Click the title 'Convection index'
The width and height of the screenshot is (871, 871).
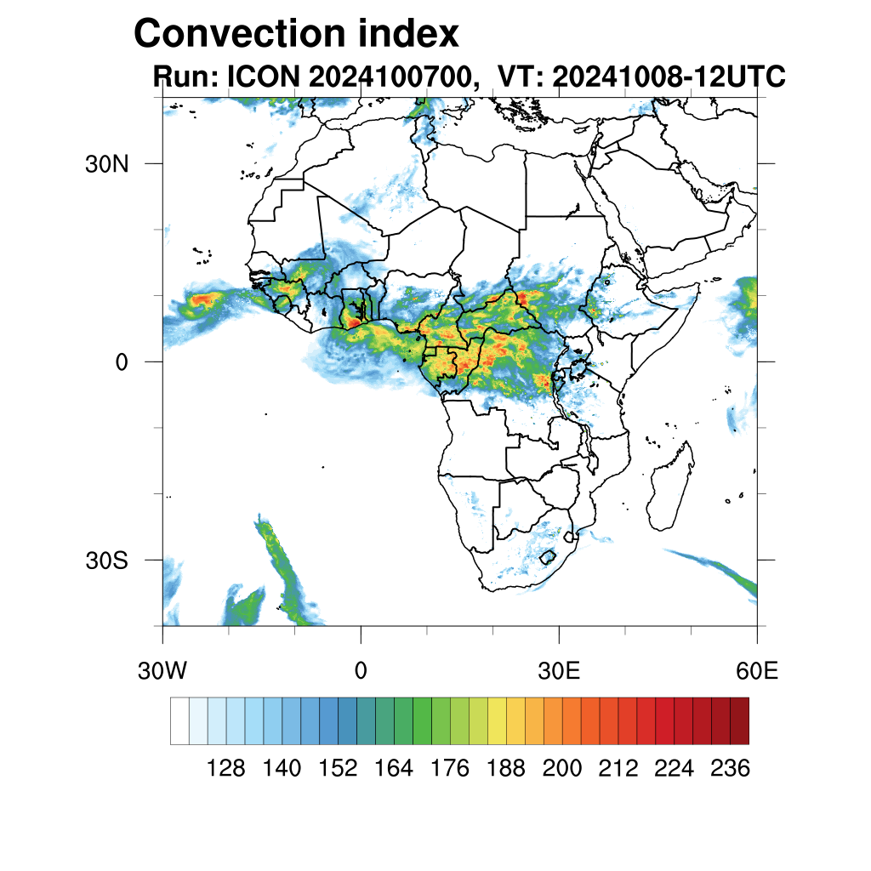(297, 34)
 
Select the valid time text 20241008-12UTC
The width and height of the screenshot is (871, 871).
(669, 77)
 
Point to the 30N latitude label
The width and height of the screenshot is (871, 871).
(105, 164)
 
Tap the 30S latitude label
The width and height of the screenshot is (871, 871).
(106, 561)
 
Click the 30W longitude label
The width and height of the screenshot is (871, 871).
(162, 671)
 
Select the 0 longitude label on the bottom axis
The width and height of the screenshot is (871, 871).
(361, 671)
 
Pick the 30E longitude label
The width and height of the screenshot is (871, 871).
(559, 671)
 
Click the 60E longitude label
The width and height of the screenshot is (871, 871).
(757, 671)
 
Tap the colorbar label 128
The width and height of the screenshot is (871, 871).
(225, 769)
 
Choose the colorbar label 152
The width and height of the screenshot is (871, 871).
(338, 769)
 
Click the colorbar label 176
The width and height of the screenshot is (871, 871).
(450, 769)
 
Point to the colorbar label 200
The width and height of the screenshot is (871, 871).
(562, 769)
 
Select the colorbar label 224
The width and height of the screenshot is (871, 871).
(674, 769)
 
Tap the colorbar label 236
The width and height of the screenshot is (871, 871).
(730, 769)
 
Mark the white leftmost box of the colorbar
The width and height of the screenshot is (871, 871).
(179, 720)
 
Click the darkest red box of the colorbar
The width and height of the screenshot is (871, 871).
(739, 720)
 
